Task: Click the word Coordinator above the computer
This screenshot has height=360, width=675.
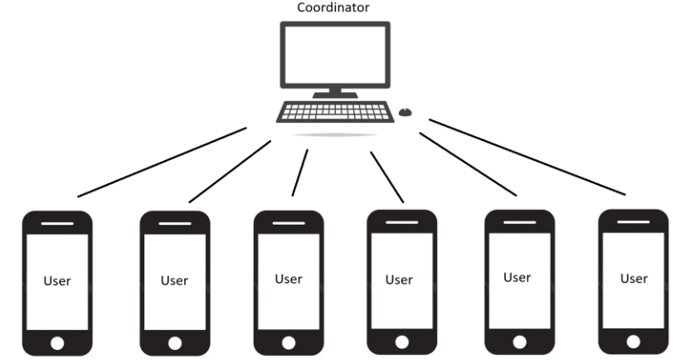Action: coord(334,8)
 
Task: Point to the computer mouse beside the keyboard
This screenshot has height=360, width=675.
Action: coord(405,111)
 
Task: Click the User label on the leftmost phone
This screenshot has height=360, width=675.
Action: coord(57,281)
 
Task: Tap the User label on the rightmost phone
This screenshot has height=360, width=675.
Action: coord(634,278)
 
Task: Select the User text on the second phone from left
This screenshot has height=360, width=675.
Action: coord(174,280)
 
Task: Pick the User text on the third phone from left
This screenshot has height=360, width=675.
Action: coord(289,279)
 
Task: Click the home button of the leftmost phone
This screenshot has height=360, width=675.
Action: coord(57,341)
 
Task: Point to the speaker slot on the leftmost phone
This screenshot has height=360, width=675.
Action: coord(57,223)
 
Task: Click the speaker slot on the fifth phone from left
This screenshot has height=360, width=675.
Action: coord(518,221)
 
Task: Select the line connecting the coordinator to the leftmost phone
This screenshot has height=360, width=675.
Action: coord(162,163)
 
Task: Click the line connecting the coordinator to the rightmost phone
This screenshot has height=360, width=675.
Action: coord(527,158)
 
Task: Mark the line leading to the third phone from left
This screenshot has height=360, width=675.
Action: coord(299,173)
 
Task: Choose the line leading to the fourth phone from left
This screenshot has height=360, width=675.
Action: coord(387,177)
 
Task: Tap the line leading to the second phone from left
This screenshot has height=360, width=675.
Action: coord(230,171)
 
